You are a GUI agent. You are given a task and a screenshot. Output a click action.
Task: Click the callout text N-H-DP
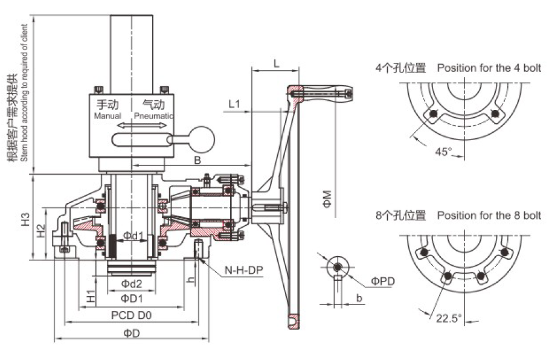(x=243, y=271)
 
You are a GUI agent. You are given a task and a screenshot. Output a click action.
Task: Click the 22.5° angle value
(x=448, y=317)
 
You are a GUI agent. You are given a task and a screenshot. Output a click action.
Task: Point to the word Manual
(x=108, y=115)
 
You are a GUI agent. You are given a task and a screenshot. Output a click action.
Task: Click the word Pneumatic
(x=154, y=115)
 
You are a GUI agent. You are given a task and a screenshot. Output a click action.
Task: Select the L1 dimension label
(x=235, y=104)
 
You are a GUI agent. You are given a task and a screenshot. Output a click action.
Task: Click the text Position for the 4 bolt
(x=489, y=68)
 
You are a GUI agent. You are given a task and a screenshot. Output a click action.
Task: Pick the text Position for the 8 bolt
(x=489, y=215)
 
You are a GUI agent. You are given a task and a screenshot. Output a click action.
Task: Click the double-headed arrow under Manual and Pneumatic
(x=143, y=126)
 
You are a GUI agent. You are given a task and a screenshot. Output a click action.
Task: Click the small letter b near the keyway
(x=359, y=298)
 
